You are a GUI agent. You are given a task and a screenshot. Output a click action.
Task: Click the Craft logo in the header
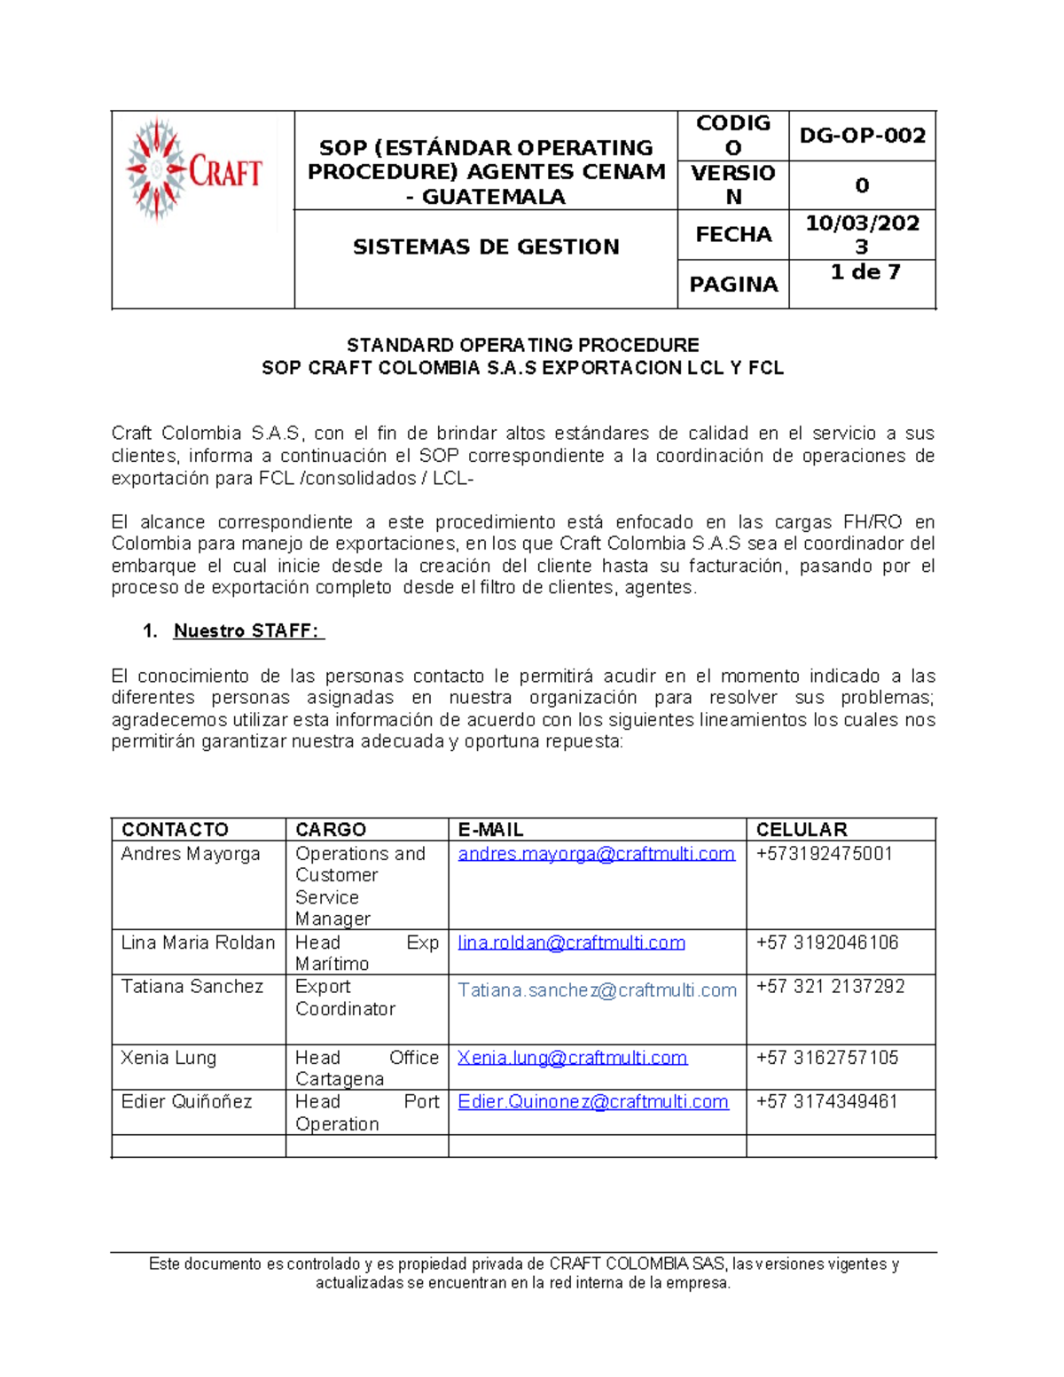(x=194, y=169)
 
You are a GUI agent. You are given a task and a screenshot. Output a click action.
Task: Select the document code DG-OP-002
(x=862, y=136)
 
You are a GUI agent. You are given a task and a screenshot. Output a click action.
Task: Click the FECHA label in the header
(x=732, y=235)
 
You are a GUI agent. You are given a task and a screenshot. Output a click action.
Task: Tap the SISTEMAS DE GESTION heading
(x=486, y=247)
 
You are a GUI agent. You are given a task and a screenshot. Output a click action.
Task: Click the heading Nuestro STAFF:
(x=248, y=631)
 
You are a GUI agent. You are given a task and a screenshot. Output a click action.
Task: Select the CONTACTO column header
(x=175, y=830)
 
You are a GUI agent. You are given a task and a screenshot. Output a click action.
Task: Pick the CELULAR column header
(x=802, y=830)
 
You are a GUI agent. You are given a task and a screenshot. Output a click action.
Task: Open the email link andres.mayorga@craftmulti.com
(x=596, y=854)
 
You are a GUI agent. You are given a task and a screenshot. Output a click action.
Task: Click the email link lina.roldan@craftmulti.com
(x=571, y=943)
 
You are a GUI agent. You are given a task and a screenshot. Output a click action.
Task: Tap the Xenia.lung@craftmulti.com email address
(x=572, y=1058)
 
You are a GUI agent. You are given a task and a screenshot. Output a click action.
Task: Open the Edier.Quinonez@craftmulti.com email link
(x=592, y=1102)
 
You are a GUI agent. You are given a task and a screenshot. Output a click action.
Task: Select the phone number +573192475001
(x=824, y=854)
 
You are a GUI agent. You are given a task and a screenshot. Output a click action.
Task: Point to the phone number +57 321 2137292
(x=830, y=987)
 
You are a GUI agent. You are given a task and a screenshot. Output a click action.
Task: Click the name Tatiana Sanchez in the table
(x=192, y=987)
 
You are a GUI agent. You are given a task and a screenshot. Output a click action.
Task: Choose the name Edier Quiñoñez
(x=186, y=1102)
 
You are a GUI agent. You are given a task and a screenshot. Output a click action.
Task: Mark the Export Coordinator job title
(x=345, y=998)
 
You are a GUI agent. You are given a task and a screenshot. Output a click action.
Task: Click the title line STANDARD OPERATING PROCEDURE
(x=522, y=346)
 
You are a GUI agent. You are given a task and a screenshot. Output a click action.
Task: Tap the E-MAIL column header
(x=490, y=830)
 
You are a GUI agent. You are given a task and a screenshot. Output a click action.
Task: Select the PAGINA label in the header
(x=733, y=285)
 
